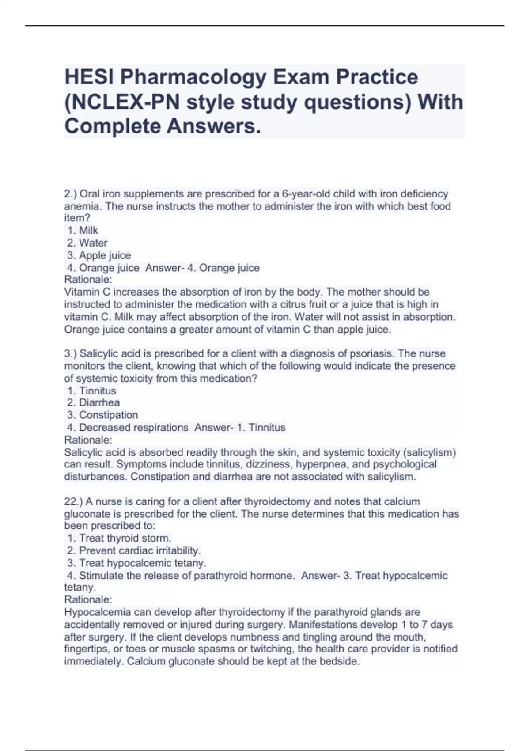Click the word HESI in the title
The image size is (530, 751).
point(89,77)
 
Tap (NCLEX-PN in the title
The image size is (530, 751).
point(122,102)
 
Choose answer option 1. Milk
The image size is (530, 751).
point(83,230)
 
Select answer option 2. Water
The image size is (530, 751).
point(87,243)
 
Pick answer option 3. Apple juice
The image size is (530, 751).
point(99,255)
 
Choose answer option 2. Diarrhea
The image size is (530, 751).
point(93,402)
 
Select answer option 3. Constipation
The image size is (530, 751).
point(102,415)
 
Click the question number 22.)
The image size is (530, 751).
point(73,501)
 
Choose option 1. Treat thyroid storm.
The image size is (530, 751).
point(119,538)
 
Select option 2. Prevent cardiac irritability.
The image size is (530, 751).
point(134,550)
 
